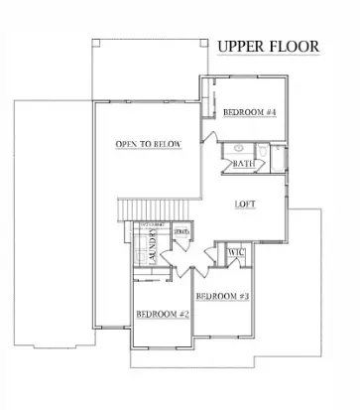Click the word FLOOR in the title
pyautogui.click(x=295, y=48)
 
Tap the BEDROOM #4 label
pyautogui.click(x=248, y=112)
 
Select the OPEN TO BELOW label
pyautogui.click(x=148, y=145)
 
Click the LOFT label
pyautogui.click(x=246, y=205)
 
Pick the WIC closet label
pyautogui.click(x=235, y=254)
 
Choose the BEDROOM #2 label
pyautogui.click(x=162, y=315)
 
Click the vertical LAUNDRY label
pyautogui.click(x=153, y=253)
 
